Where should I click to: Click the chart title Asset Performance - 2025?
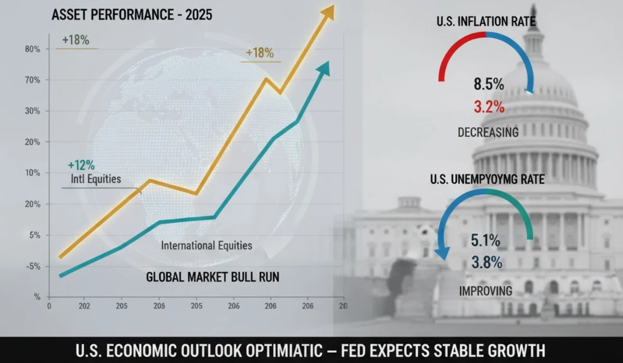(132, 15)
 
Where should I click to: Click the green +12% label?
(81, 166)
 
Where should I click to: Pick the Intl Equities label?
(95, 180)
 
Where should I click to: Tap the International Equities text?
(207, 245)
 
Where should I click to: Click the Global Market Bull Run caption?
(212, 277)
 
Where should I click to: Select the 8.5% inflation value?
(489, 84)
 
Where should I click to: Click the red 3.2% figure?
(489, 107)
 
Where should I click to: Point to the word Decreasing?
(488, 132)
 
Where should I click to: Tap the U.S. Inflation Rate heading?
(486, 22)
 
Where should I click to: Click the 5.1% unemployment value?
(485, 241)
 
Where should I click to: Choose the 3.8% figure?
(486, 263)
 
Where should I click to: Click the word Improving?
(485, 290)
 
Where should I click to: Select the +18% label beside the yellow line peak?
(260, 53)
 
